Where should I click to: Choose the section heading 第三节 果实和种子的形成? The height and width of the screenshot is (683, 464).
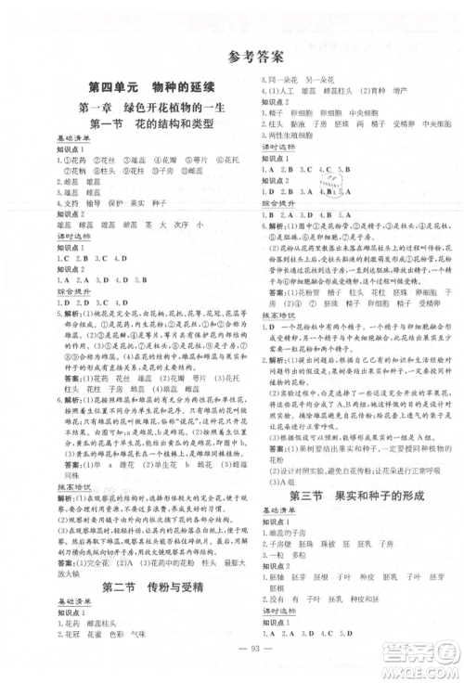350,497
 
